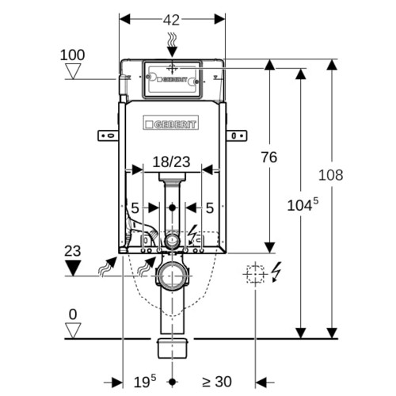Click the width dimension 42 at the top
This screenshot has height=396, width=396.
tap(171, 20)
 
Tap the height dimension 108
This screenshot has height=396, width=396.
tap(331, 175)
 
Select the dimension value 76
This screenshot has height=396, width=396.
tap(269, 158)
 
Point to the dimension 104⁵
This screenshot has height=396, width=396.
tap(303, 204)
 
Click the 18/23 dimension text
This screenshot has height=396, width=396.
tap(171, 162)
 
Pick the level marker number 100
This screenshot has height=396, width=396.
tap(72, 55)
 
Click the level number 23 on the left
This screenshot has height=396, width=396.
tap(73, 251)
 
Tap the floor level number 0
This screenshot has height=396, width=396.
tap(73, 314)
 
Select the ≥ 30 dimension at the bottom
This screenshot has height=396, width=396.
tap(217, 382)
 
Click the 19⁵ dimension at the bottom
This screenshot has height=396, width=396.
tap(145, 381)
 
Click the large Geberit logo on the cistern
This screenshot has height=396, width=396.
tap(171, 123)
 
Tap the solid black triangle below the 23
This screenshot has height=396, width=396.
tap(73, 268)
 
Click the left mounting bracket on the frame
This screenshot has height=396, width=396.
tap(108, 135)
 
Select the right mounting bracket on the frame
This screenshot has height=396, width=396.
tap(237, 135)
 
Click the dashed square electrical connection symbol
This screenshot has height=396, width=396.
tap(256, 274)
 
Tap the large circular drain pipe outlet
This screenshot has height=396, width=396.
tap(172, 276)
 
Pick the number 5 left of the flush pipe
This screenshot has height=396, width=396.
tap(135, 208)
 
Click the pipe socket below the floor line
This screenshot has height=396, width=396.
tap(173, 349)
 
